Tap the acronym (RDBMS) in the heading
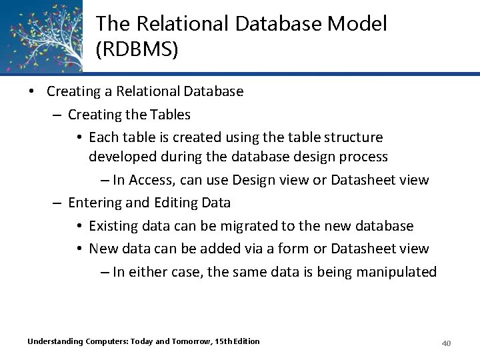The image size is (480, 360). (137, 51)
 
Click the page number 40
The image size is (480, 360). (447, 343)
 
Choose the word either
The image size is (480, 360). (148, 271)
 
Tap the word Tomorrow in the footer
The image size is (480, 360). (191, 341)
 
